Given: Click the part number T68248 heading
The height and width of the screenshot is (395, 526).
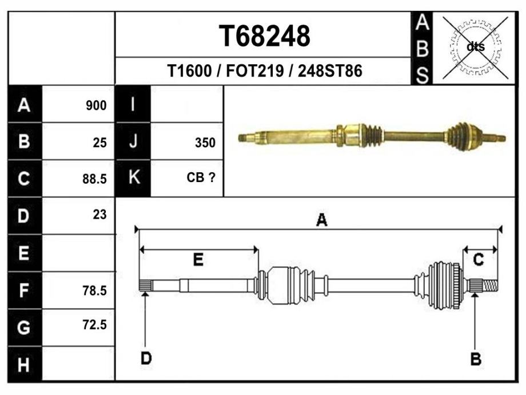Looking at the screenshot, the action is [x=264, y=35].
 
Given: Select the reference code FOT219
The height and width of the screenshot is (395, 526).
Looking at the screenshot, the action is [x=255, y=71].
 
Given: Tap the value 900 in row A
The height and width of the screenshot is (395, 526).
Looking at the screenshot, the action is [x=96, y=105].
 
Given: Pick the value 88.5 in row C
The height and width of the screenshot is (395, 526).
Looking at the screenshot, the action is [x=94, y=179].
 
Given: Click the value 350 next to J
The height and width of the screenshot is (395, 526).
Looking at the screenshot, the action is [x=205, y=143].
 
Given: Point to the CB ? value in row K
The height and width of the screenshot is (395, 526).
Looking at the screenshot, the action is [x=201, y=177].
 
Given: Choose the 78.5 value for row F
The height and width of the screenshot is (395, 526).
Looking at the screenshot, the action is [x=94, y=291].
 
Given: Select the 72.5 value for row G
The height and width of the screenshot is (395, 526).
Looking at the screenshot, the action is [x=94, y=325].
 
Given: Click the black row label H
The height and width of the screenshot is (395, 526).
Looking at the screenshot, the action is [x=24, y=365].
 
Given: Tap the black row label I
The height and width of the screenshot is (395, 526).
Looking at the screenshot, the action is [x=133, y=104].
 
